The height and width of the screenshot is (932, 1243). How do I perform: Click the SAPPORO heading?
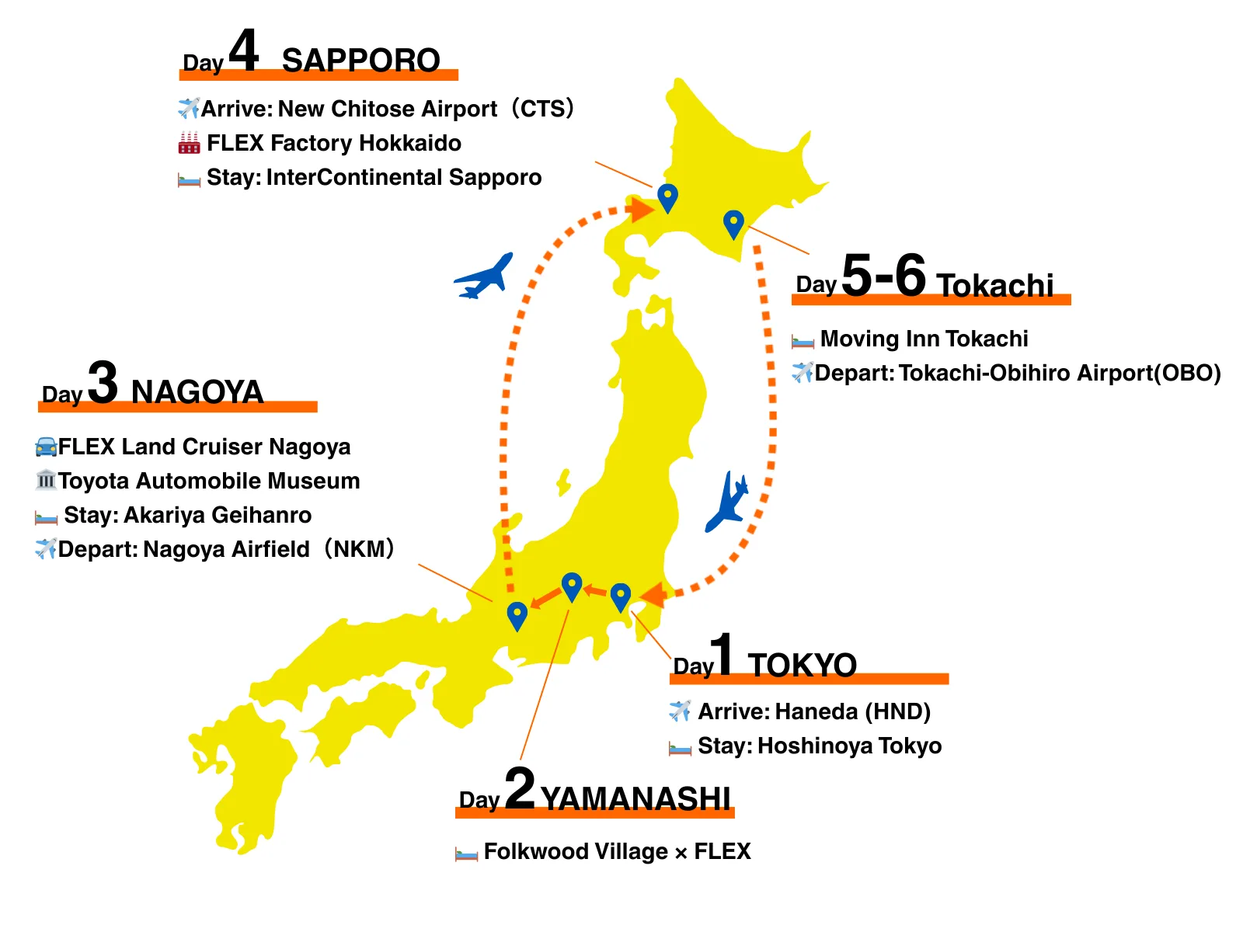tap(360, 61)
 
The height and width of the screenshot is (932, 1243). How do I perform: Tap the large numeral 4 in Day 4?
tap(243, 51)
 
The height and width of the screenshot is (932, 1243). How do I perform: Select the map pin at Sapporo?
tap(667, 197)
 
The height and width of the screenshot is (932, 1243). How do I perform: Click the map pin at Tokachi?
tap(733, 224)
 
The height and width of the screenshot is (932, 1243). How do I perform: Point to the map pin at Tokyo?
tap(620, 596)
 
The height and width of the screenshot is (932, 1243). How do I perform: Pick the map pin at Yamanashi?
tap(572, 586)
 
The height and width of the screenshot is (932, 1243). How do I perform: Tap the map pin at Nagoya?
tap(517, 615)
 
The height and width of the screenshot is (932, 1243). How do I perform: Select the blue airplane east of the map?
tap(728, 501)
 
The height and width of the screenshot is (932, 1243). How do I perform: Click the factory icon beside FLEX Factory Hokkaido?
tap(189, 143)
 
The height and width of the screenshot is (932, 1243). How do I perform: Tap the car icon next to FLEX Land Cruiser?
tap(46, 447)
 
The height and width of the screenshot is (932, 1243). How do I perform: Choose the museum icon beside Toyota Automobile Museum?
tap(46, 480)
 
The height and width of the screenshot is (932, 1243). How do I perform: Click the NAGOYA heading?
tap(197, 392)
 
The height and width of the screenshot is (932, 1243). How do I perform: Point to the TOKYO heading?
tap(802, 666)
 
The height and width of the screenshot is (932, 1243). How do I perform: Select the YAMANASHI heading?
tap(635, 798)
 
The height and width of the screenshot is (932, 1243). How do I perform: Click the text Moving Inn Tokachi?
tap(924, 339)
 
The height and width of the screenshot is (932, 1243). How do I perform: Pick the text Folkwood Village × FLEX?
tap(617, 851)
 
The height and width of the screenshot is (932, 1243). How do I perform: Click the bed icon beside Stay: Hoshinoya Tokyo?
tap(680, 747)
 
